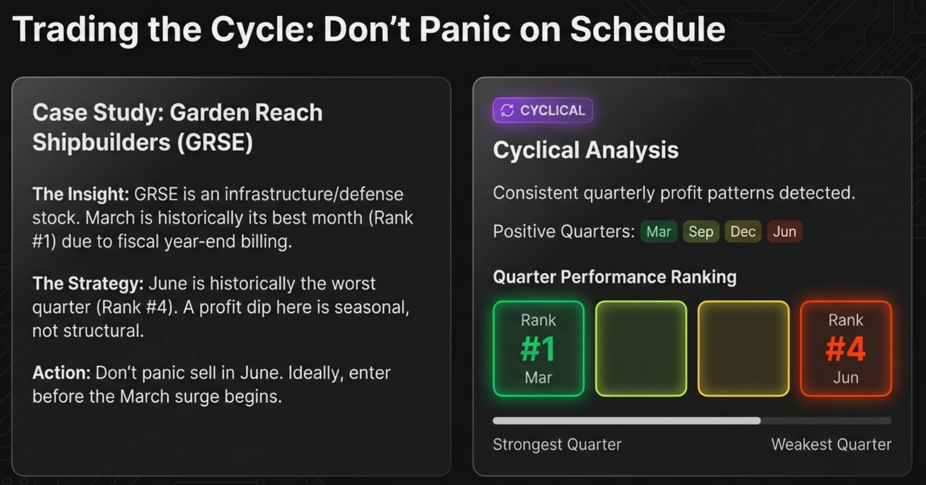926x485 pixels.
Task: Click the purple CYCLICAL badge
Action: pos(543,110)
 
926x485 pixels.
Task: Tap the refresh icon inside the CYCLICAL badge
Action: pos(507,110)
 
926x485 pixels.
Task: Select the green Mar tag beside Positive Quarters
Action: pos(658,232)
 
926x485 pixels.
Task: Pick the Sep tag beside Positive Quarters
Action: pos(700,232)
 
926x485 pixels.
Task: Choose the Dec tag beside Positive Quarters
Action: pos(742,232)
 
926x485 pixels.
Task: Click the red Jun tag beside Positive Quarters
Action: pos(784,232)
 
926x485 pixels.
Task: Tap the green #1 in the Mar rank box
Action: pos(538,349)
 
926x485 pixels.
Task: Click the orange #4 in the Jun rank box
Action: pos(845,349)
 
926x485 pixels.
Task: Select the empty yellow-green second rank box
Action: pos(641,349)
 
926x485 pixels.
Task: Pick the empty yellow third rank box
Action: pos(743,349)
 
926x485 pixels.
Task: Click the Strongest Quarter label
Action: pos(557,445)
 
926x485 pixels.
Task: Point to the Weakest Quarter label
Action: pos(831,445)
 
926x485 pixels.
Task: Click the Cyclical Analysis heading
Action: pos(585,150)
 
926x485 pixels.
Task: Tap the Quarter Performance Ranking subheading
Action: pos(614,277)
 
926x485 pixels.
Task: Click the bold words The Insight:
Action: pos(80,194)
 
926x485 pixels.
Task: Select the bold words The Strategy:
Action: pos(88,283)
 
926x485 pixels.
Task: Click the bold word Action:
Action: pos(61,373)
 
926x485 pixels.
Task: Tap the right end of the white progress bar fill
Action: pos(759,420)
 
